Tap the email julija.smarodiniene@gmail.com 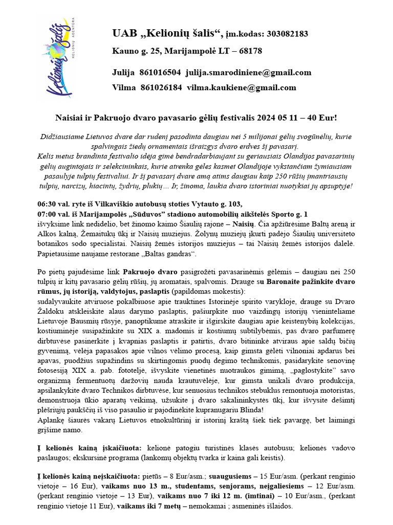click(249, 72)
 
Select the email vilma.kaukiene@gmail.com click(242, 88)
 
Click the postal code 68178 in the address click(248, 51)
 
